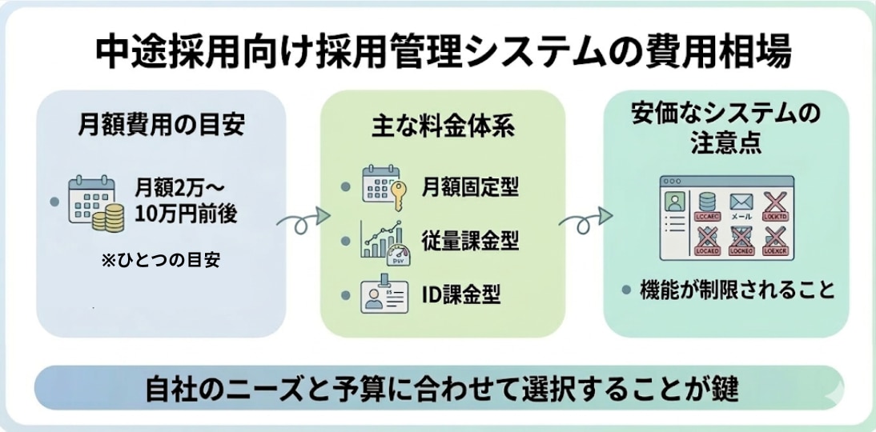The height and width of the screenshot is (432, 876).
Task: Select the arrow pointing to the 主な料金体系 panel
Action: [303, 218]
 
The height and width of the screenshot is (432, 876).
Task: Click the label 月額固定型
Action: [470, 188]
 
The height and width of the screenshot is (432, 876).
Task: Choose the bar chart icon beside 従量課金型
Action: [382, 241]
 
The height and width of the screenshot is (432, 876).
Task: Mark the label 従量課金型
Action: [470, 240]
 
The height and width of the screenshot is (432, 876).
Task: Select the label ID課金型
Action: [460, 295]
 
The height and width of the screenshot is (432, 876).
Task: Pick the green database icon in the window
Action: [706, 204]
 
